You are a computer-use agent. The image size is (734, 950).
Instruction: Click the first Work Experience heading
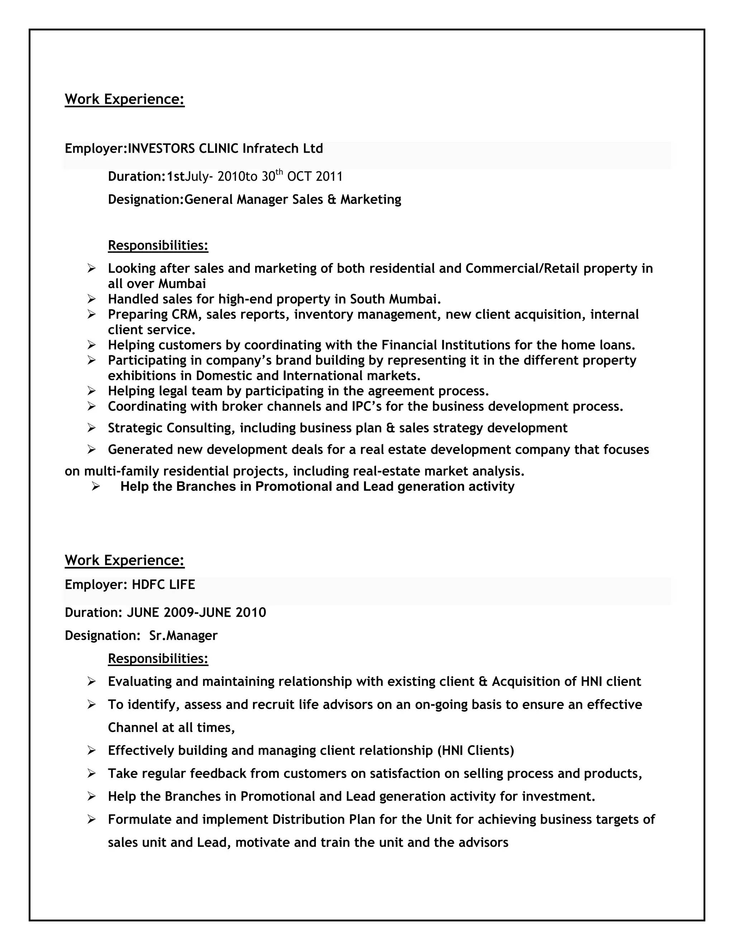124,99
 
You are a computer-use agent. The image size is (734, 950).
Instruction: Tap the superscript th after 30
279,172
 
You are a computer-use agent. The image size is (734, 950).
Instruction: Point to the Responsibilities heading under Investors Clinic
158,245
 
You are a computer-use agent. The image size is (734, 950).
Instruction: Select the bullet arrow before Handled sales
91,299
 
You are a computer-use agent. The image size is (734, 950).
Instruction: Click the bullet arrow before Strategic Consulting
91,428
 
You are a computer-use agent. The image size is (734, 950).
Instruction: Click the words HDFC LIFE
163,585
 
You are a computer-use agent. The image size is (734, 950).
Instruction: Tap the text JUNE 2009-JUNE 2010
196,612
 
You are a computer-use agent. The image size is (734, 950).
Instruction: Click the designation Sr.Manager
183,636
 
